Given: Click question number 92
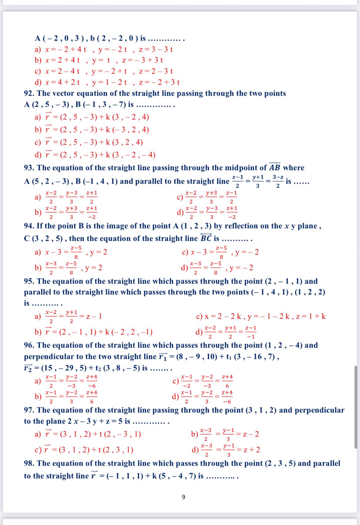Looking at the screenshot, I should [x=29, y=93].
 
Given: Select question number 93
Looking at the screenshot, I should [x=29, y=168].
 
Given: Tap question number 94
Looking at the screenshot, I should [x=29, y=226].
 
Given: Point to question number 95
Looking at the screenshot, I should [x=29, y=281].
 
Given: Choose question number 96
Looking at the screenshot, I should [x=29, y=345].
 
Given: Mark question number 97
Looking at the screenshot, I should [x=29, y=410].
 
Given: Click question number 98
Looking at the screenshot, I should [x=29, y=463].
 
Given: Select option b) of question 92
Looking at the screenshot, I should [x=38, y=130].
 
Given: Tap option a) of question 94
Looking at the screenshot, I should [x=38, y=253].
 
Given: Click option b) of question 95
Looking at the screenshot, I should [x=38, y=332].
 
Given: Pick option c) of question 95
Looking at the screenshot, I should [x=199, y=316].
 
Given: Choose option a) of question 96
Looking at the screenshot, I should [x=38, y=381].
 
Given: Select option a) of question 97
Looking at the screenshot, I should [x=38, y=434].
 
